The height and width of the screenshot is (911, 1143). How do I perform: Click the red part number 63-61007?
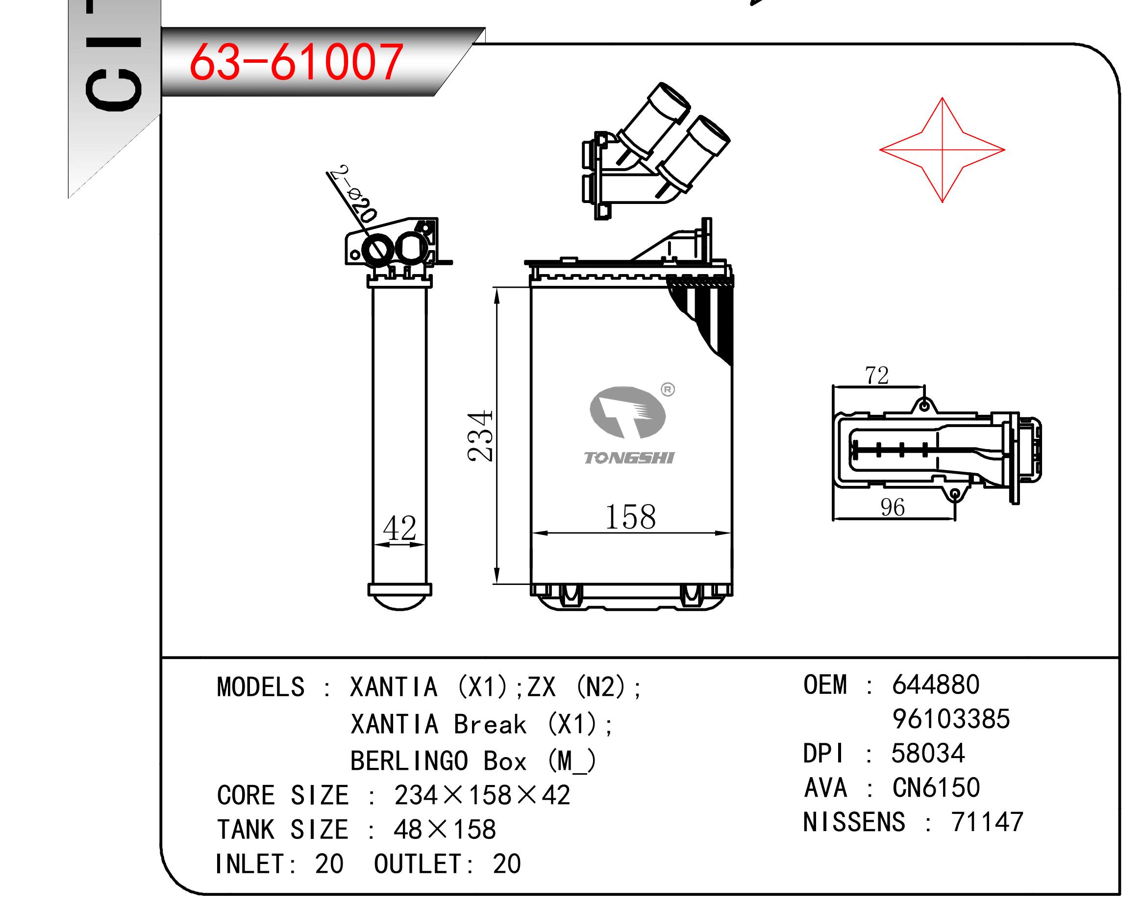(296, 63)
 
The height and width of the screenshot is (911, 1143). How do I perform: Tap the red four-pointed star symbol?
(942, 150)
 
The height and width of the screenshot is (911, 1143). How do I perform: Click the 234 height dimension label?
(481, 435)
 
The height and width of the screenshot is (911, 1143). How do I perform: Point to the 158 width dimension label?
(630, 517)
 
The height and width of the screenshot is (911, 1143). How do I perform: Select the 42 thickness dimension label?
(400, 528)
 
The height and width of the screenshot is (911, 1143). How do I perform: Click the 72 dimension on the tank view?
(877, 376)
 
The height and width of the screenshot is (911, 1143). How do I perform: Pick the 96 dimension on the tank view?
(893, 507)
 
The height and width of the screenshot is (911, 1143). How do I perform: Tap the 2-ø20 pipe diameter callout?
(352, 194)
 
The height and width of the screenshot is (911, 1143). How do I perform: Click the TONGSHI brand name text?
(629, 457)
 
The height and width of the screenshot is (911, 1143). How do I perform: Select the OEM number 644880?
(936, 684)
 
